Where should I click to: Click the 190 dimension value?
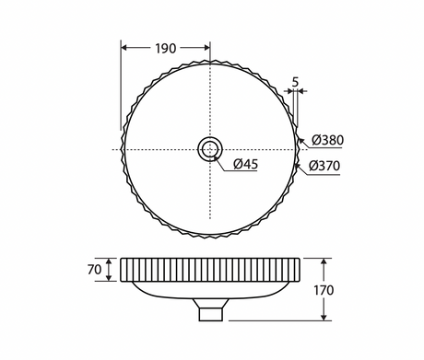pos(165,49)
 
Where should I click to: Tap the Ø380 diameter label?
pos(327,140)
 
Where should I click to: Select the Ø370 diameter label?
pos(324,166)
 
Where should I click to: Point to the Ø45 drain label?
pos(245,164)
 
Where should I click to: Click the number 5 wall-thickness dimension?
pos(295,82)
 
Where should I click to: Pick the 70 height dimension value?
pos(94,270)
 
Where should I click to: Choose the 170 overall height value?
pos(324,290)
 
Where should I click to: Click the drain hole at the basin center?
pos(210,150)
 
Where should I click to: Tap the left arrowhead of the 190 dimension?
pos(124,48)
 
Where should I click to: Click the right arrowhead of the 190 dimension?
pos(206,48)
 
